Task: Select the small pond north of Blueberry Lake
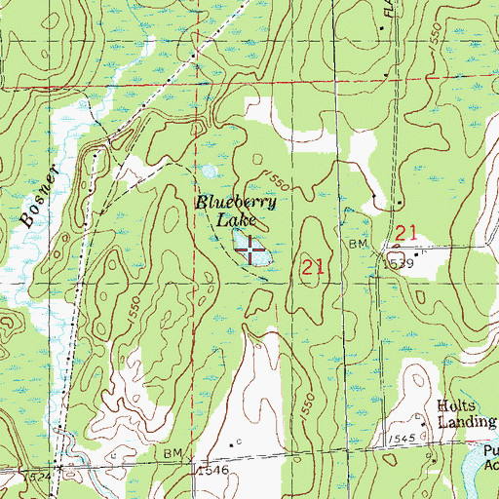click(x=209, y=173)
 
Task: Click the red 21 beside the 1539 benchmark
click(x=406, y=232)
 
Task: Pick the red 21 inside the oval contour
click(x=311, y=266)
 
